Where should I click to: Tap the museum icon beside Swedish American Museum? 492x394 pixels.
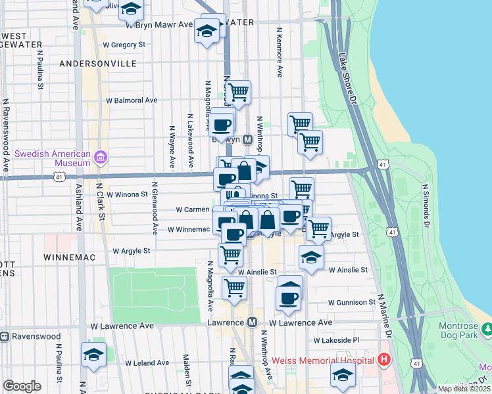[101, 158]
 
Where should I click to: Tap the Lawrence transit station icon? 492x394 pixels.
[252, 322]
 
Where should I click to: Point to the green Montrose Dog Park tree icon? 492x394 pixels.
[486, 328]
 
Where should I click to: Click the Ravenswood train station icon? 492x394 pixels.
[5, 336]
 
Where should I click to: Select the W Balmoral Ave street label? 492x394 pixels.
[132, 100]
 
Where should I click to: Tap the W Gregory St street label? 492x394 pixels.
[124, 45]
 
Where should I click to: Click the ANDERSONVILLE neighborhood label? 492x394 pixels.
[97, 64]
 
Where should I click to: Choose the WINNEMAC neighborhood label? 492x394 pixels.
[70, 257]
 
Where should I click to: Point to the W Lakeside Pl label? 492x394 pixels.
[336, 341]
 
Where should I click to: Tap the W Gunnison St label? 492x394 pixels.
[351, 303]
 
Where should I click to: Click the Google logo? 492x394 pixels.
[22, 386]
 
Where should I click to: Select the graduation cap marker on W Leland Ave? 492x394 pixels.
[93, 354]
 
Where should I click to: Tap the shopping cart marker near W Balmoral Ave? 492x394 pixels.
[238, 93]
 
